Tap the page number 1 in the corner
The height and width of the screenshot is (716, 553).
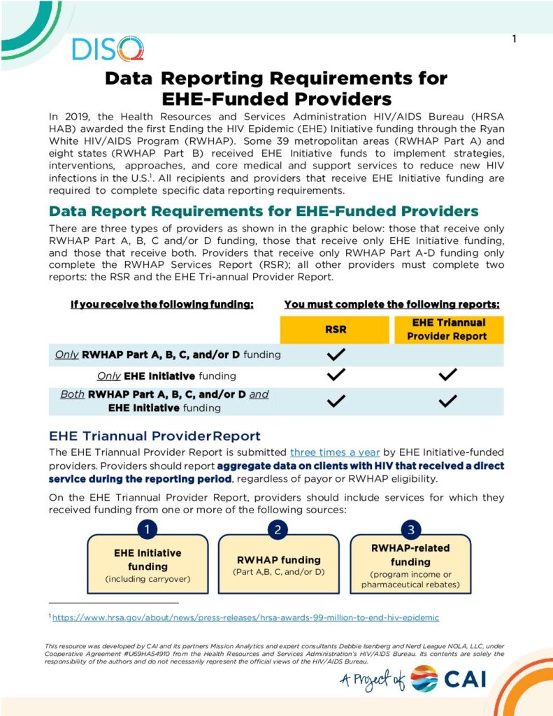point(514,39)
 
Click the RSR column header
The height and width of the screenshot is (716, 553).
point(336,329)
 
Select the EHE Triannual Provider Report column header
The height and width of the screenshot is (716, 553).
point(447,329)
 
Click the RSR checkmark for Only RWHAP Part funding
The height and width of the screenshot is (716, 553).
point(336,355)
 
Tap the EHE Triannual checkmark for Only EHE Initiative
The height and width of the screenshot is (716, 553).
point(447,375)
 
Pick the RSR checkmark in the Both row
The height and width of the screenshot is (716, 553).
point(336,401)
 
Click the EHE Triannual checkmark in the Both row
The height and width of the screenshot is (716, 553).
point(447,401)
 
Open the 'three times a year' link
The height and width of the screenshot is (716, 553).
point(335,452)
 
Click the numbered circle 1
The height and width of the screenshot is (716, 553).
point(147,529)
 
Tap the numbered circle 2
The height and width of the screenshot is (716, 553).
point(278,529)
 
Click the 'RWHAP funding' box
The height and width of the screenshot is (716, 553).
point(278,565)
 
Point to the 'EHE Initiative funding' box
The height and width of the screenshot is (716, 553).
point(147,565)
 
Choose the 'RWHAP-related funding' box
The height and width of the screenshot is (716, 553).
point(410,565)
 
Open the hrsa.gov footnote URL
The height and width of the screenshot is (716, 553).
point(245,618)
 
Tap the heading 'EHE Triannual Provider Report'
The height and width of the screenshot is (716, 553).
point(155,436)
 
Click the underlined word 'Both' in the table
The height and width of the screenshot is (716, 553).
point(72,394)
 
